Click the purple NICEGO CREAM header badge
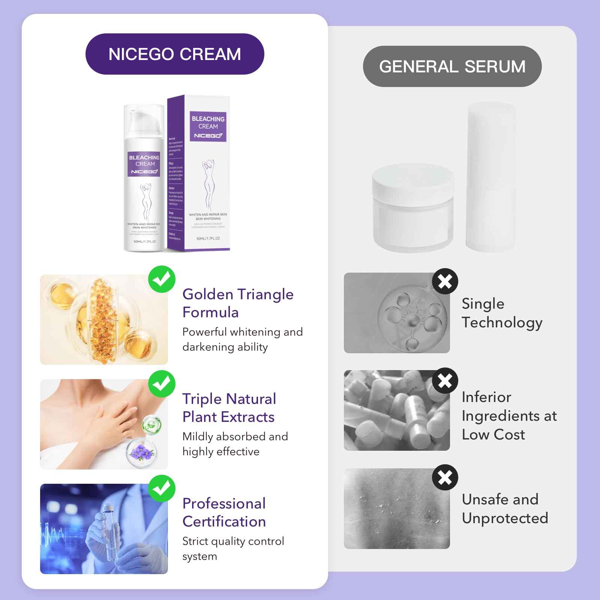[x=175, y=54]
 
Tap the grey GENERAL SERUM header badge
[x=452, y=66]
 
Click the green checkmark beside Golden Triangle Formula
[x=162, y=279]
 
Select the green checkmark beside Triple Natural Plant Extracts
[x=162, y=384]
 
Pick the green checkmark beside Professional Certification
[x=162, y=488]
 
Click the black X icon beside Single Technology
[x=445, y=281]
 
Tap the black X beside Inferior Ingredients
[x=445, y=381]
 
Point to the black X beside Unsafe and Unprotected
[x=445, y=477]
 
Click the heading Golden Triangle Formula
[x=238, y=303]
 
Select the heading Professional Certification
[x=224, y=512]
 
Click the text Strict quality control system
[x=233, y=548]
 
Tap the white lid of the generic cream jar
[x=412, y=178]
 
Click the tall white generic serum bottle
[x=490, y=176]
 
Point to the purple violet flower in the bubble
[x=141, y=451]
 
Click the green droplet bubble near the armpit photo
[x=151, y=424]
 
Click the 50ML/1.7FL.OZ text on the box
[x=208, y=238]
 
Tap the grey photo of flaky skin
[x=397, y=508]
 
